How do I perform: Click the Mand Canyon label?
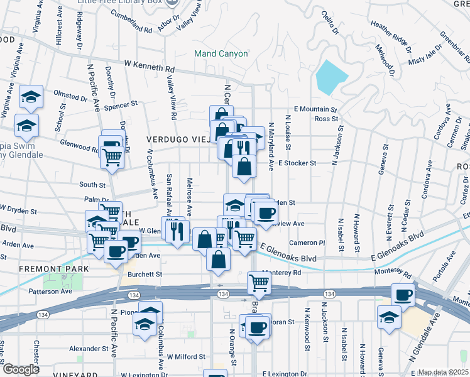tap(221, 54)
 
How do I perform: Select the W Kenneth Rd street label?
tap(148, 65)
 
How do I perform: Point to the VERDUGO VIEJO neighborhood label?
tap(177, 139)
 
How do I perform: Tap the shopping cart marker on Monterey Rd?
tap(258, 283)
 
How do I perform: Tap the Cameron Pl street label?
tap(307, 243)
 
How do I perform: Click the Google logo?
tap(21, 369)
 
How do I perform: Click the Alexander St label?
tap(89, 349)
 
